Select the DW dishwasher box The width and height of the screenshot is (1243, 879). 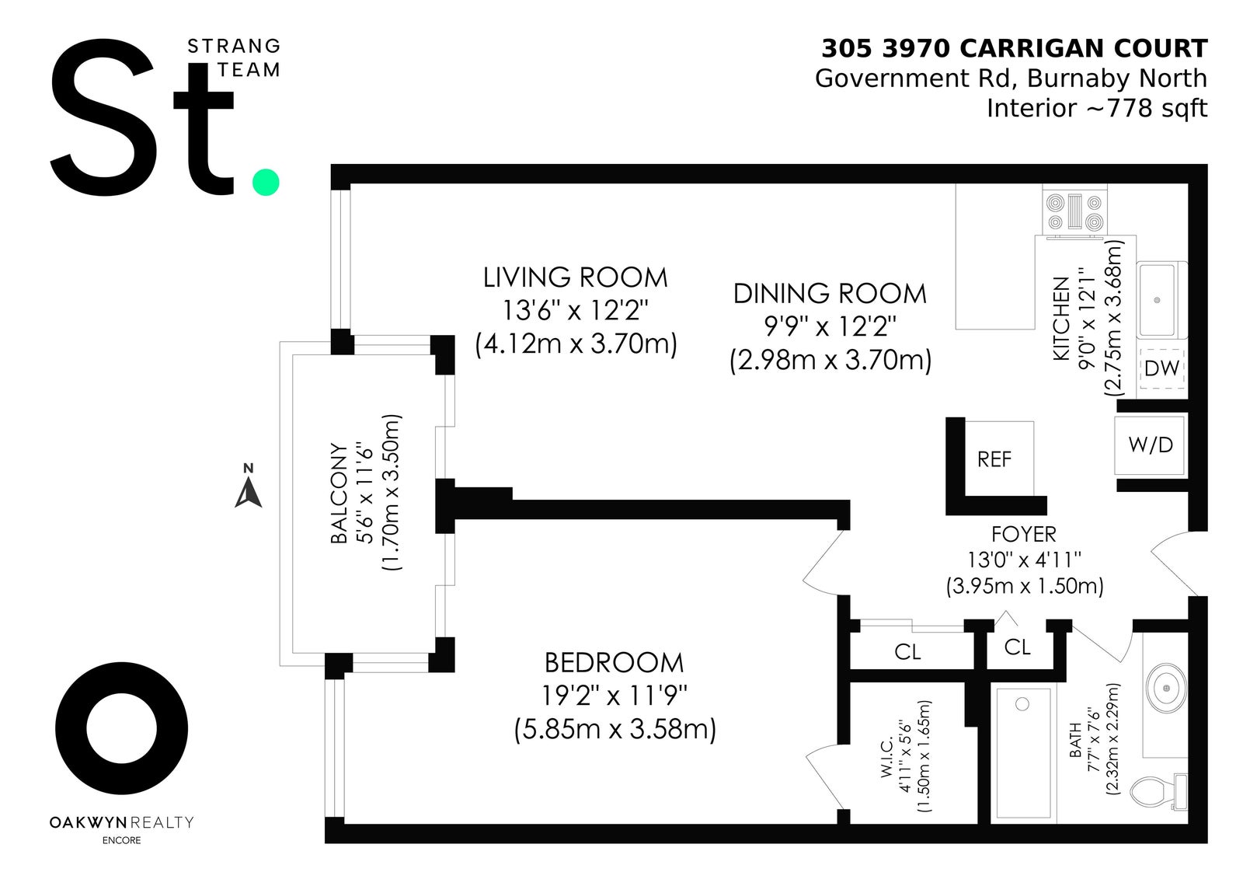click(1161, 368)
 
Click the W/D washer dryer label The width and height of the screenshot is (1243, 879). click(1151, 445)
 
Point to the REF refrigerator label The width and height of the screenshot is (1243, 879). click(994, 459)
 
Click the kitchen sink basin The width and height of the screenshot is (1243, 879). click(1157, 300)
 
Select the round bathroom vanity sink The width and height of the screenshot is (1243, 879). click(1166, 688)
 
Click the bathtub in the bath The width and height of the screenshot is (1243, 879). click(1023, 752)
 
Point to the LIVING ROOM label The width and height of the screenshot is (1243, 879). click(576, 277)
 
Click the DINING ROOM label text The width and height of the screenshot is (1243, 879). click(830, 294)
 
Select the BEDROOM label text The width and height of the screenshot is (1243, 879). click(615, 662)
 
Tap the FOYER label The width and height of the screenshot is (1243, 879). click(1024, 534)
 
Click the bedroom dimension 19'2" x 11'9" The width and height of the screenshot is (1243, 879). click(615, 696)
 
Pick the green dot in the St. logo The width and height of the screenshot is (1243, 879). click(266, 182)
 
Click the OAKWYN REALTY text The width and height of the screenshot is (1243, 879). click(121, 822)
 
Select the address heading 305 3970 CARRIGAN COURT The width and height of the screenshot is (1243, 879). click(1015, 49)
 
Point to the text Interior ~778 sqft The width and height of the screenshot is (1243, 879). click(1097, 108)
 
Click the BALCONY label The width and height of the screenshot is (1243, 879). click(339, 493)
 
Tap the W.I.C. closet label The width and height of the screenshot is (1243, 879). click(886, 757)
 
